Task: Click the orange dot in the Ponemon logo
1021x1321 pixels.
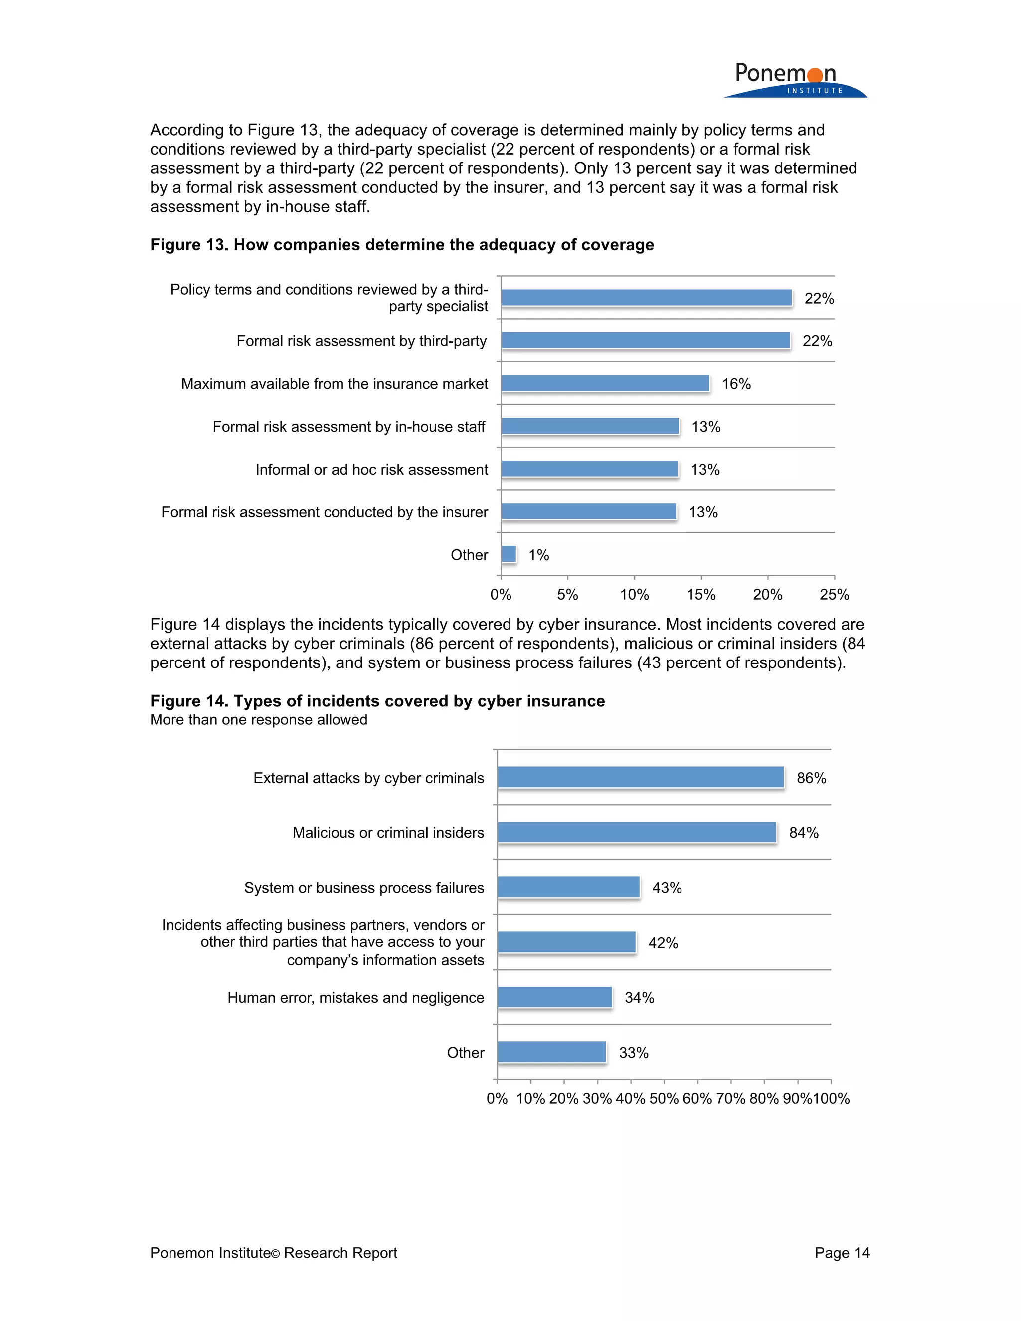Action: click(815, 74)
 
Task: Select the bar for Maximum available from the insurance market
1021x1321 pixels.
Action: click(605, 383)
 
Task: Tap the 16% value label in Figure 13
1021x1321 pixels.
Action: click(736, 384)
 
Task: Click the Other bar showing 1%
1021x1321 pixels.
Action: click(509, 554)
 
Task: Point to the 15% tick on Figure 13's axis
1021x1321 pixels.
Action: click(701, 595)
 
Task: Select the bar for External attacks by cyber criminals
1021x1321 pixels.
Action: click(641, 777)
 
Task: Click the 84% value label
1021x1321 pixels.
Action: click(803, 833)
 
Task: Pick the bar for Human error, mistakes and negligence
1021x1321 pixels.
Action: click(555, 997)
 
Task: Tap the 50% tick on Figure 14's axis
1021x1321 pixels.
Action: click(664, 1098)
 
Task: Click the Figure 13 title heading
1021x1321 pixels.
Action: click(402, 244)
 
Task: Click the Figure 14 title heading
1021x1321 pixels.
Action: click(377, 700)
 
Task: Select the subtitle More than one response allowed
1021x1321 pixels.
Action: click(258, 720)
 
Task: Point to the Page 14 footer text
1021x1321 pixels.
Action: click(842, 1253)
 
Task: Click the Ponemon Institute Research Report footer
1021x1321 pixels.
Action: click(273, 1253)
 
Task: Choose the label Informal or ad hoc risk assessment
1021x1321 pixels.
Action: click(371, 470)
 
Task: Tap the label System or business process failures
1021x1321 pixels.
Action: click(364, 888)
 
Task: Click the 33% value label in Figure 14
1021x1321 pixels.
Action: click(633, 1053)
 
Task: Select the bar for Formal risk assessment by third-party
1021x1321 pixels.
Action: click(646, 340)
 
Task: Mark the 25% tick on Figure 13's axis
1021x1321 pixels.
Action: click(834, 595)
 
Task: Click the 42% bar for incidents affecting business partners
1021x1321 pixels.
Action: click(567, 942)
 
